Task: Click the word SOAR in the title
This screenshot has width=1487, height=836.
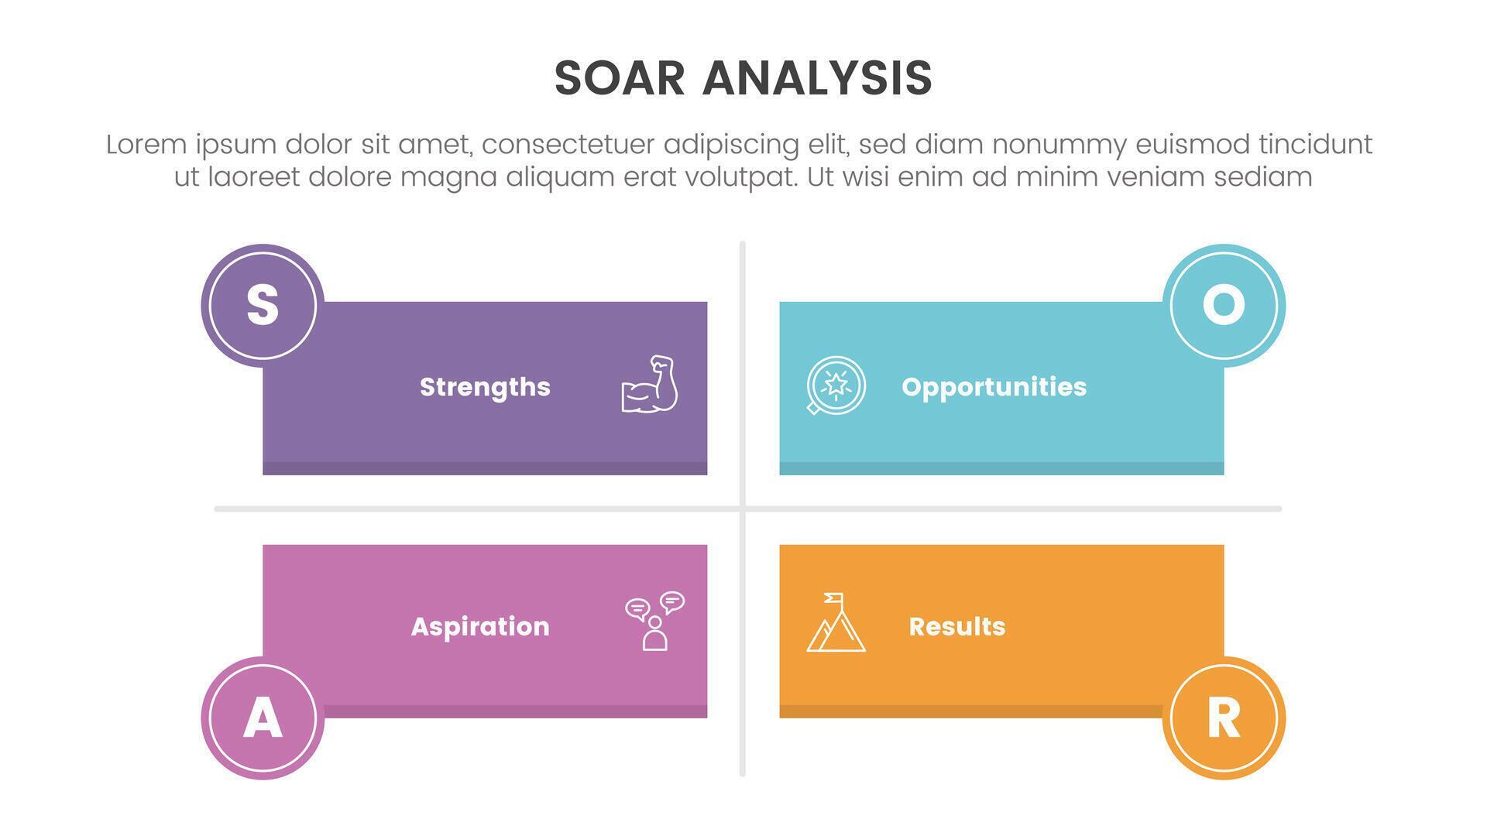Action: coord(620,78)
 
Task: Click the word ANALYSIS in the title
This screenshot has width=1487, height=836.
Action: coord(817,78)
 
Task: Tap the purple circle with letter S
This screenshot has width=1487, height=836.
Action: coord(263,306)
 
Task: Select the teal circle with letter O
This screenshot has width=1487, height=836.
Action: coord(1224,306)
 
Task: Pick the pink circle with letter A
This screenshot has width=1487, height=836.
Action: coord(263,718)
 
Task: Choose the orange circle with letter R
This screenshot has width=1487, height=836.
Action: coord(1224,718)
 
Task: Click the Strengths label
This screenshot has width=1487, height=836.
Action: coord(485,387)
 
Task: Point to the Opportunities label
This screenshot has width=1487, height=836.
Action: coord(994,387)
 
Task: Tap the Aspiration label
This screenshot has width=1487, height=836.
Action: coord(480,626)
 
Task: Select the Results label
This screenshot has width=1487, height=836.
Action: coord(956,626)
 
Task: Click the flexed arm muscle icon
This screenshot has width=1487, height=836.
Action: coord(650,384)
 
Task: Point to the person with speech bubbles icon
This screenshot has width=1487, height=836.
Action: coord(654,622)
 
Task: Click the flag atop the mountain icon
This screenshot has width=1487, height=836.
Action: coord(833,598)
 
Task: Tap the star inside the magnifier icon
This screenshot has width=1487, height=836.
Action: coord(836,383)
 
